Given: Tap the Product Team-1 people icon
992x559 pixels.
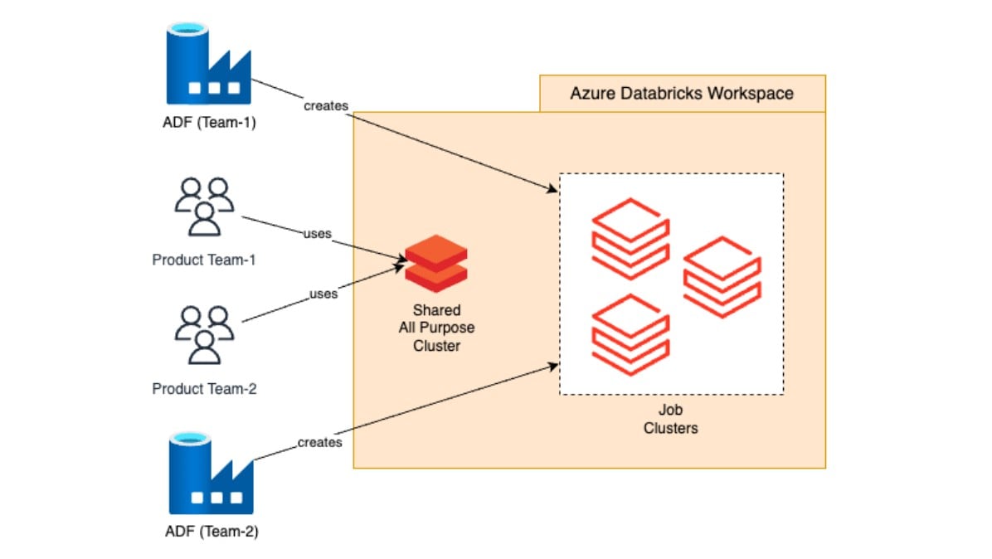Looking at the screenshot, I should [204, 207].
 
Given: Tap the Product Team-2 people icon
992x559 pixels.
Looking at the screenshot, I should [204, 335].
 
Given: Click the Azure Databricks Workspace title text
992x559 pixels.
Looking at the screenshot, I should [681, 93].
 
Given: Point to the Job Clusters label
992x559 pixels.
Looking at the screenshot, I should [670, 420].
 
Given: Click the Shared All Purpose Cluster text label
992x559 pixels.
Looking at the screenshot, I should [436, 328].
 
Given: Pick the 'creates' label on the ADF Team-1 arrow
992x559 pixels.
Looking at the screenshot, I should [325, 105].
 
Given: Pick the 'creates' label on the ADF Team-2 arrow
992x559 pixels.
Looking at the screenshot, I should [319, 442].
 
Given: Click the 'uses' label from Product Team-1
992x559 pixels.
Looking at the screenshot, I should [318, 234].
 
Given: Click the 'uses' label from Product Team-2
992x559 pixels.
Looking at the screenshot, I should [323, 294].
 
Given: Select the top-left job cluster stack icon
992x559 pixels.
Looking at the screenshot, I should [630, 238].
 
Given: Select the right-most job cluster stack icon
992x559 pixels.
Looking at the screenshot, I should [721, 276].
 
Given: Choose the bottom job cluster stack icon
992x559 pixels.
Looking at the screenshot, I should [630, 334].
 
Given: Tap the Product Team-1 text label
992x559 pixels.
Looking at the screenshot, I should [204, 260].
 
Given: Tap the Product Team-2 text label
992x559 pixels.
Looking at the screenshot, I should [204, 388].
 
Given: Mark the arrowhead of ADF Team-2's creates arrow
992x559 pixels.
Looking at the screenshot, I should [556, 364].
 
